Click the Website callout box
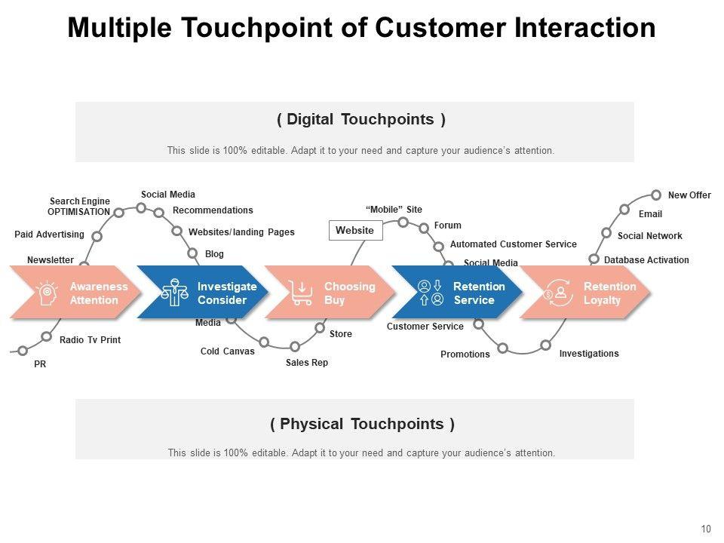pyautogui.click(x=355, y=230)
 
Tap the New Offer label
pyautogui.click(x=689, y=195)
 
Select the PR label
pyautogui.click(x=40, y=364)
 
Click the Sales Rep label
pyautogui.click(x=307, y=363)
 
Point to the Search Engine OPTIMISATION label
pyautogui.click(x=79, y=207)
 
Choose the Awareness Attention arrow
pyautogui.click(x=75, y=293)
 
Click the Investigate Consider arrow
pyautogui.click(x=204, y=293)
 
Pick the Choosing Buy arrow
pyautogui.click(x=331, y=293)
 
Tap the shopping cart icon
pyautogui.click(x=302, y=293)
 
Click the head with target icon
pyautogui.click(x=47, y=293)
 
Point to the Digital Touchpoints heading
pyautogui.click(x=361, y=120)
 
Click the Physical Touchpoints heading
pyautogui.click(x=362, y=424)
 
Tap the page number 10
pyautogui.click(x=706, y=529)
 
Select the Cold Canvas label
pyautogui.click(x=227, y=351)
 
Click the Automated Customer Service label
pyautogui.click(x=513, y=244)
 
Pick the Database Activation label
pyautogui.click(x=646, y=260)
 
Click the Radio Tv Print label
pyautogui.click(x=90, y=340)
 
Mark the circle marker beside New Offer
pyautogui.click(x=656, y=195)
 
